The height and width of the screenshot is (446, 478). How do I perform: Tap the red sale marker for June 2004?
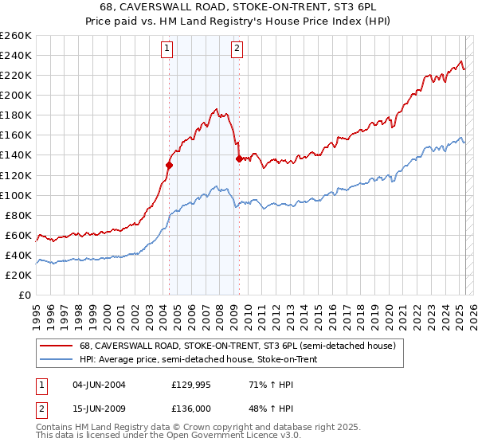point(169,165)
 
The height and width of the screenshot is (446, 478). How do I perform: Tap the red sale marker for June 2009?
point(239,158)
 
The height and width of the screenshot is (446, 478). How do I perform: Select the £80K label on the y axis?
point(18,215)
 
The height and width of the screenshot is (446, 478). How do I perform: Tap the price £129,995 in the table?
point(190,385)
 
